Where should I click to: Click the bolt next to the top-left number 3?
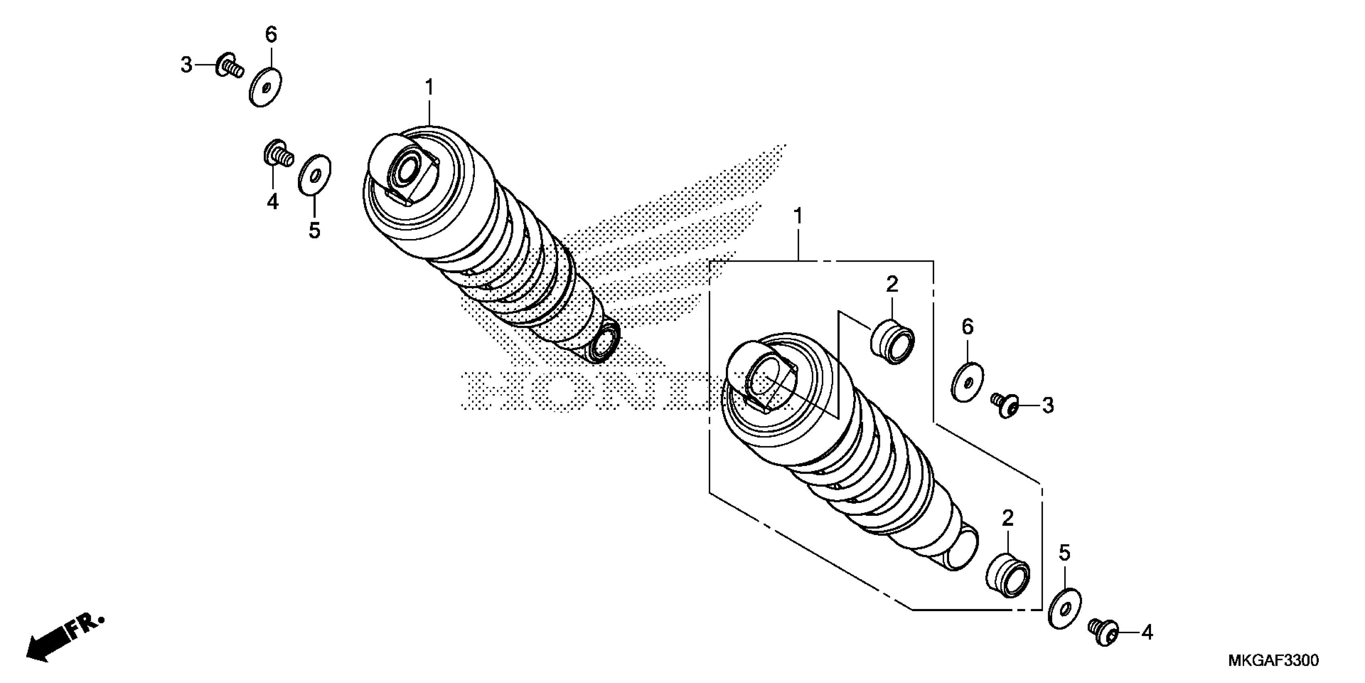pyautogui.click(x=230, y=66)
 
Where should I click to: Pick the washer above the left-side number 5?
pyautogui.click(x=315, y=174)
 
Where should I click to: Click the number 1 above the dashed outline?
pyautogui.click(x=797, y=217)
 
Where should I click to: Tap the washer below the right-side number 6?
pyautogui.click(x=968, y=382)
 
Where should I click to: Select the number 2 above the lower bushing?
pyautogui.click(x=1008, y=518)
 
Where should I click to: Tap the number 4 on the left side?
pyautogui.click(x=272, y=202)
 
